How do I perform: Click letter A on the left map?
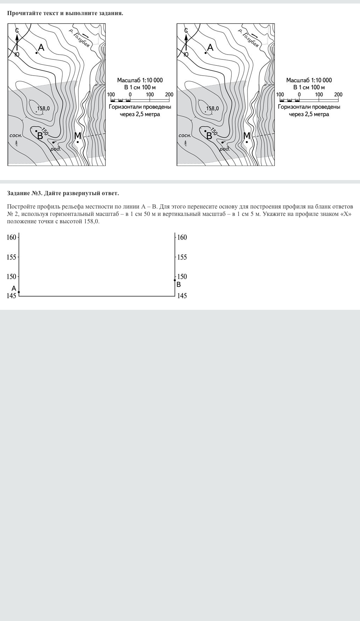41,47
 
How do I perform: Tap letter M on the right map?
247,136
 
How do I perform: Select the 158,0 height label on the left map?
43,108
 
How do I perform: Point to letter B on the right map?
209,136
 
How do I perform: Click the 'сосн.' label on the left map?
15,135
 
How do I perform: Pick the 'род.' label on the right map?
225,149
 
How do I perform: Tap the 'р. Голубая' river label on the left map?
79,38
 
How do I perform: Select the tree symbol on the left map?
17,143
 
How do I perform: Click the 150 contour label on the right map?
213,131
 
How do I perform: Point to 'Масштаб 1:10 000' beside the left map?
140,80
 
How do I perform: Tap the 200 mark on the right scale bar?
338,95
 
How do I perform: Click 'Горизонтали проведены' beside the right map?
309,107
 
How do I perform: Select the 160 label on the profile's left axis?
12,237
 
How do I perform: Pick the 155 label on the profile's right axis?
182,257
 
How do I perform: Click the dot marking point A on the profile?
19,292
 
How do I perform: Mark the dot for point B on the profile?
175,280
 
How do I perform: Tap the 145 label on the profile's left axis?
12,296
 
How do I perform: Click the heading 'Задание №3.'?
25,193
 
